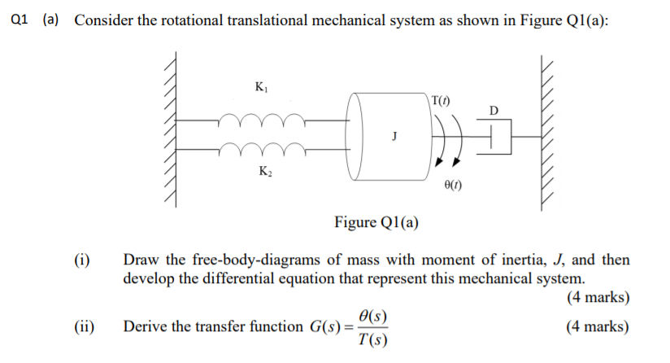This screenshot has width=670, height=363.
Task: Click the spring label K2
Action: [x=264, y=171]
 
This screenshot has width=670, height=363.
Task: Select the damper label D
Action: [x=494, y=110]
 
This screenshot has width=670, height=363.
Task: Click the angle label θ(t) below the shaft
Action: [x=455, y=186]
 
